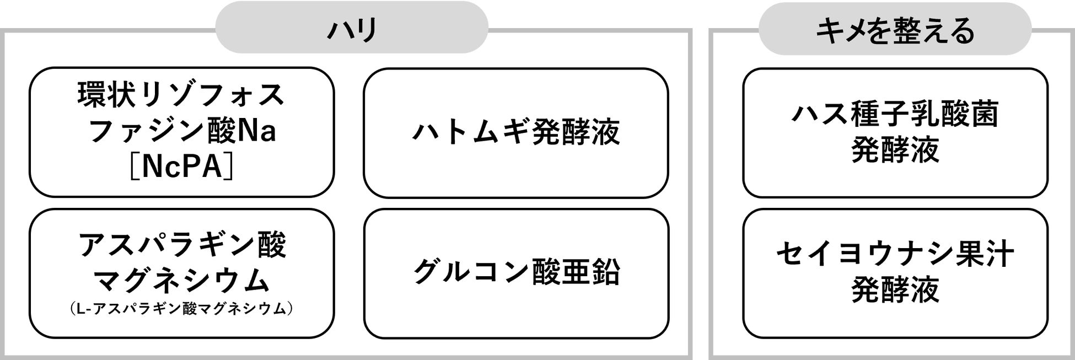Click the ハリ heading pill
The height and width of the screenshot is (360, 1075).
pyautogui.click(x=351, y=28)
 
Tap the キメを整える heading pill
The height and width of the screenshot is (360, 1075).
pyautogui.click(x=895, y=30)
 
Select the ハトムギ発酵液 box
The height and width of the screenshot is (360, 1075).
pyautogui.click(x=515, y=132)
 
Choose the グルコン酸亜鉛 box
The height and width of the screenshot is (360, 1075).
pyautogui.click(x=517, y=273)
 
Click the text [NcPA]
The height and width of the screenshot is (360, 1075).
pyautogui.click(x=181, y=165)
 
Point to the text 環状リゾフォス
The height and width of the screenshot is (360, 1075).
pyautogui.click(x=181, y=95)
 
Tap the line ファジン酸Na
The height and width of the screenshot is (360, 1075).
pyautogui.click(x=181, y=131)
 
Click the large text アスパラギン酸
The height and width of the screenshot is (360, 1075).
pyautogui.click(x=182, y=245)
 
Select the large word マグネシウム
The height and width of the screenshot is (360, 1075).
pyautogui.click(x=181, y=280)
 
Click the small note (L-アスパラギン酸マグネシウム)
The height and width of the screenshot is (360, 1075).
pyautogui.click(x=181, y=309)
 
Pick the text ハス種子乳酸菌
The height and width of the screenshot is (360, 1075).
pyautogui.click(x=895, y=115)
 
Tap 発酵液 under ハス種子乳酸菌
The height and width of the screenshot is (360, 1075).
pyautogui.click(x=895, y=150)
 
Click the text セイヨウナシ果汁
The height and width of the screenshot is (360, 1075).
pyautogui.click(x=895, y=255)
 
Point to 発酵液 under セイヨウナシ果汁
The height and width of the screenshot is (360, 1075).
pyautogui.click(x=895, y=290)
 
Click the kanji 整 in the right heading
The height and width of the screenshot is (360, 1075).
pyautogui.click(x=894, y=30)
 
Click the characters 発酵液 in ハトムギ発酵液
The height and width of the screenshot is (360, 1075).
pyautogui.click(x=576, y=132)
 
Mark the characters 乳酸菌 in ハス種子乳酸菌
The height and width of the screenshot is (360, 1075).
pyautogui.click(x=954, y=115)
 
